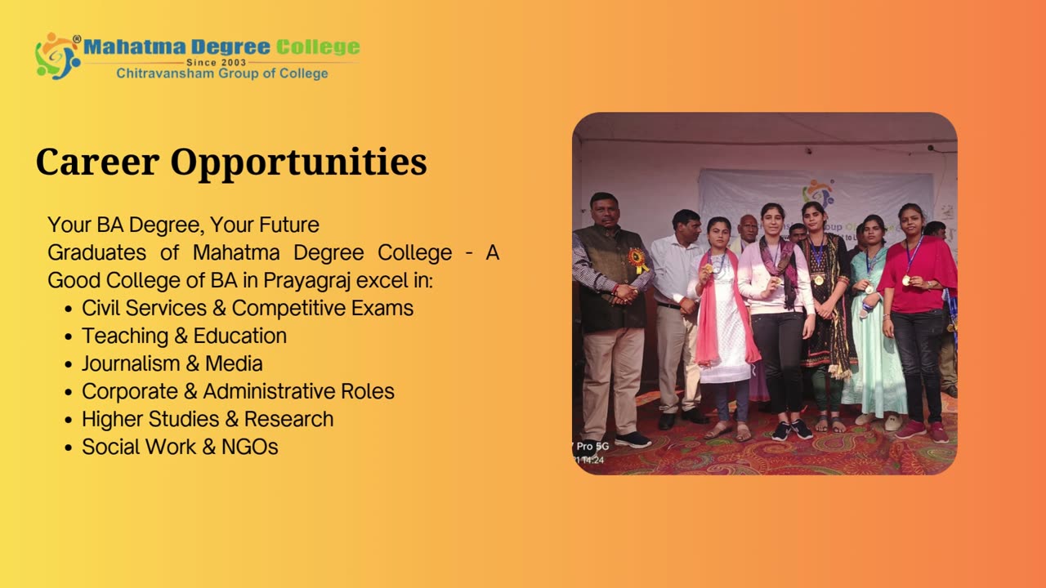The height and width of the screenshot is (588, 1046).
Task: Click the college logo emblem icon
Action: [x=58, y=56]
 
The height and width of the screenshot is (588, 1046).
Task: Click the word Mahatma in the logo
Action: [x=135, y=47]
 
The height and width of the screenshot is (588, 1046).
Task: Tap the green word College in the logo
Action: [x=318, y=47]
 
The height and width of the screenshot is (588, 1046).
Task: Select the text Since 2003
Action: [x=217, y=62]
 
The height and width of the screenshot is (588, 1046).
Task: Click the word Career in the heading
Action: [x=97, y=162]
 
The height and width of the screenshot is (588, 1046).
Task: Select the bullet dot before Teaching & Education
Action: [x=69, y=336]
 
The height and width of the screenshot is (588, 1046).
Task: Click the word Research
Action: [x=289, y=419]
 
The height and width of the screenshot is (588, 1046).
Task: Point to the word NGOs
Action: [x=250, y=447]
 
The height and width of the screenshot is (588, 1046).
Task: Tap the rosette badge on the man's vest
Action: [x=637, y=261]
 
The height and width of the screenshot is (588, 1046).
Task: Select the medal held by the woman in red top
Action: [x=906, y=280]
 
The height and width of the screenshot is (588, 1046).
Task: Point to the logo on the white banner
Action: [x=818, y=193]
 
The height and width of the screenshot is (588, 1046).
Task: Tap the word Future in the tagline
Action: [x=289, y=225]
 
